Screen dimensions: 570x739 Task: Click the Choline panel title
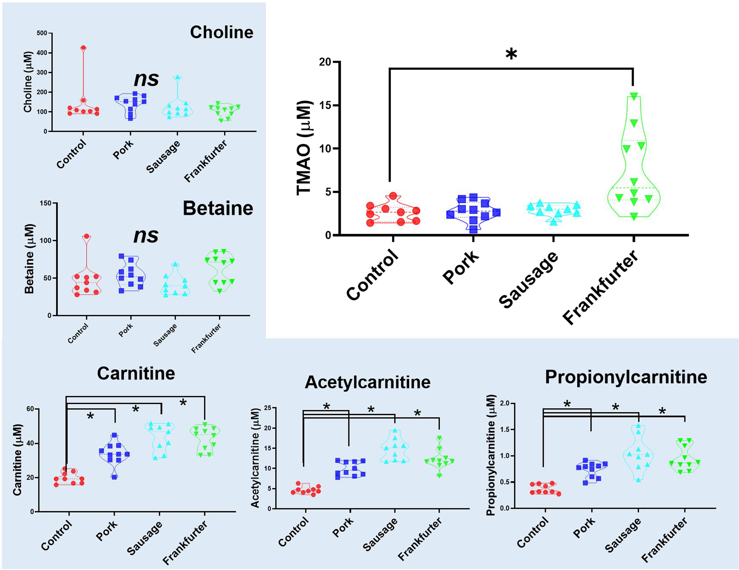tap(222, 32)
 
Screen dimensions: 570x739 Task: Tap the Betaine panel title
tap(218, 208)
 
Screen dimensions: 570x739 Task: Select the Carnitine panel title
tap(136, 374)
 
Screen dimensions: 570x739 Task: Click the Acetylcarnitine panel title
tap(367, 383)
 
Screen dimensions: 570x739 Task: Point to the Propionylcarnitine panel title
tap(626, 377)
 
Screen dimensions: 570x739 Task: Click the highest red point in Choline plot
tap(83, 48)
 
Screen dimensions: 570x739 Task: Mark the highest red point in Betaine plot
tap(87, 237)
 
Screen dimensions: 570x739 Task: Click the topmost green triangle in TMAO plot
tap(634, 96)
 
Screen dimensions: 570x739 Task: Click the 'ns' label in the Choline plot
tap(146, 79)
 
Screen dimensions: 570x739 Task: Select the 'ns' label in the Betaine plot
tap(146, 235)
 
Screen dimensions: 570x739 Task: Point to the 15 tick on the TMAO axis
tap(325, 105)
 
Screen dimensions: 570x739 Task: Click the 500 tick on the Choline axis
tap(42, 33)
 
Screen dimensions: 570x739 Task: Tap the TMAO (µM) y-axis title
tap(304, 148)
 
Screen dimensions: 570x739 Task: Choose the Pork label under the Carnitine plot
tap(107, 531)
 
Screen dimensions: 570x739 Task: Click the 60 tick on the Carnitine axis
tap(30, 409)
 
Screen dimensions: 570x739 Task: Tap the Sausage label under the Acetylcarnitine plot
tap(380, 534)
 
